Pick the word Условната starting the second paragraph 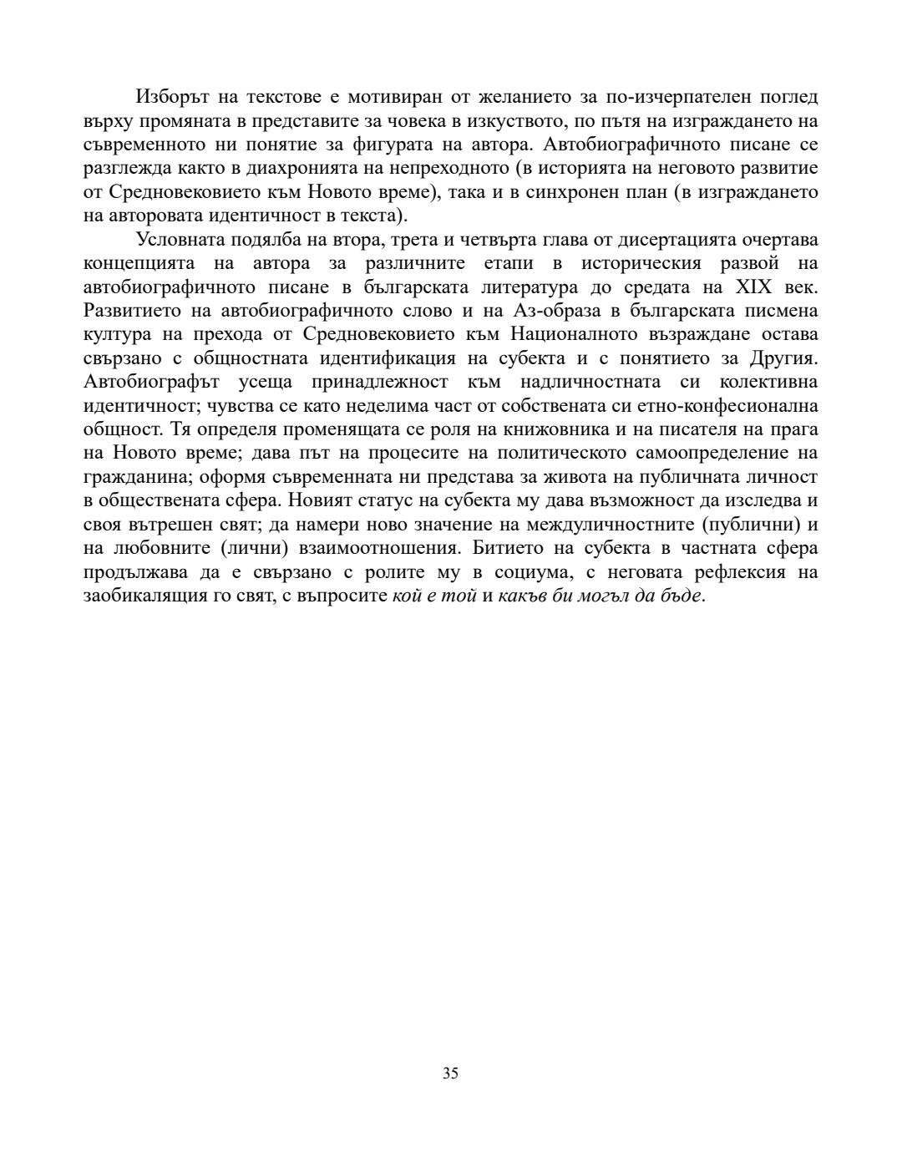pos(178,240)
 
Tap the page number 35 pos(450,1073)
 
